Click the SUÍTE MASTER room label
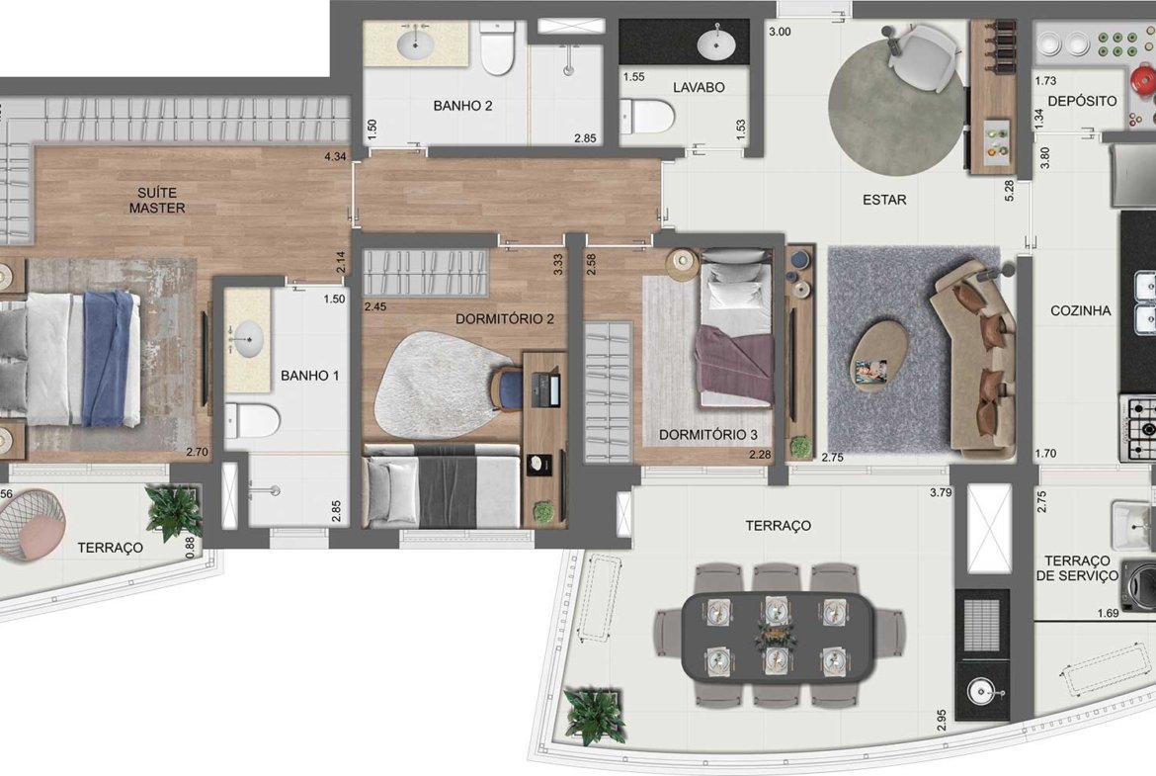[x=157, y=201]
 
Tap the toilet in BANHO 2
[x=498, y=48]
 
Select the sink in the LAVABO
[x=716, y=43]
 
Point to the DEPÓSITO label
[x=1082, y=101]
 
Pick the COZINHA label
[x=1080, y=311]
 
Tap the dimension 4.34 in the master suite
[x=335, y=156]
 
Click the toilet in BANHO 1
[x=252, y=420]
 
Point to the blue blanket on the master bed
[x=109, y=359]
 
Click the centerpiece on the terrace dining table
[x=775, y=635]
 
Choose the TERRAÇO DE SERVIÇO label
[x=1076, y=568]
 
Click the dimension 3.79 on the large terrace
[x=941, y=492]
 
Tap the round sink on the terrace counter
[x=980, y=692]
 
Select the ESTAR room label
[x=884, y=200]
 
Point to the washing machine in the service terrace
[x=1138, y=582]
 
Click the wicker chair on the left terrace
[x=32, y=525]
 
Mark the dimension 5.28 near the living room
[x=1010, y=191]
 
